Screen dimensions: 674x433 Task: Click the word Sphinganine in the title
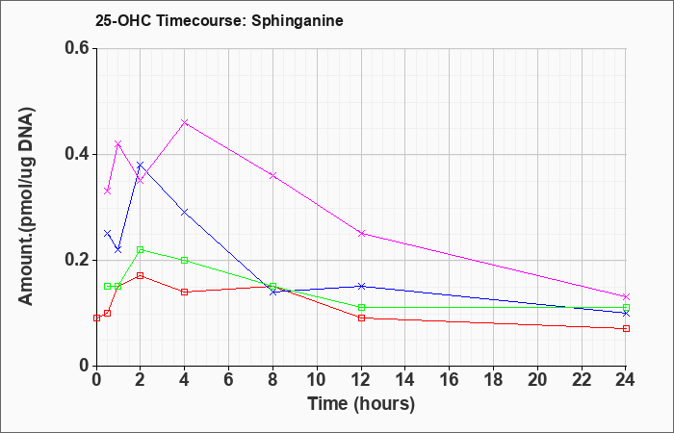click(x=298, y=21)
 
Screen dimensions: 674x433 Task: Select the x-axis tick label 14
click(x=405, y=380)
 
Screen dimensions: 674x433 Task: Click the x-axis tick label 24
click(x=626, y=380)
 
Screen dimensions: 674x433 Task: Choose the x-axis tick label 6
click(x=228, y=380)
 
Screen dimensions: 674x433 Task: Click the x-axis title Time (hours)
click(x=361, y=404)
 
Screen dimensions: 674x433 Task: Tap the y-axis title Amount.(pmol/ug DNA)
click(x=26, y=206)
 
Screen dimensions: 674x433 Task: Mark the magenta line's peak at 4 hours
click(x=185, y=122)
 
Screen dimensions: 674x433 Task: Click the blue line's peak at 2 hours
click(x=141, y=165)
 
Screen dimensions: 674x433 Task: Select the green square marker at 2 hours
click(x=141, y=249)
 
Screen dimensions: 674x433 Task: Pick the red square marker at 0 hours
click(x=96, y=318)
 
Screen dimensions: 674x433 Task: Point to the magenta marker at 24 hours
click(x=626, y=296)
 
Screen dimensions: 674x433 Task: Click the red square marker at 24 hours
click(x=626, y=329)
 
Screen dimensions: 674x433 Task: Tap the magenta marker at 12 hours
click(x=361, y=233)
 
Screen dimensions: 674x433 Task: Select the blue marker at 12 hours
click(x=361, y=286)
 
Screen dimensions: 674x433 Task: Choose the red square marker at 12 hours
click(x=361, y=318)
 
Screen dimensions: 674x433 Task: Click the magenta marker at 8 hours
click(x=272, y=175)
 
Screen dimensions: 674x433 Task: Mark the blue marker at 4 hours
click(x=185, y=213)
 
